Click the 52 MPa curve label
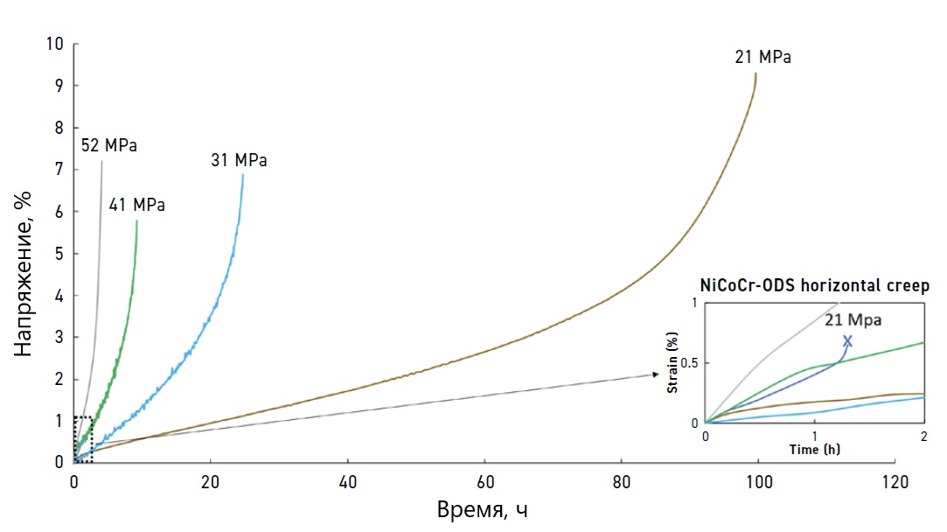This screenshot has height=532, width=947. (109, 145)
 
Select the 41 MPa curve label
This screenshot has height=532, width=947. (136, 206)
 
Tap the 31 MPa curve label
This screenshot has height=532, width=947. (239, 160)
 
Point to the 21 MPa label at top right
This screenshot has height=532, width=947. (763, 58)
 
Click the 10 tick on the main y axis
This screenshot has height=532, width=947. (55, 44)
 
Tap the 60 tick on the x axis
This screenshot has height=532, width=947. (484, 481)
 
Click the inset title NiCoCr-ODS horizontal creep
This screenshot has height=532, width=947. (814, 285)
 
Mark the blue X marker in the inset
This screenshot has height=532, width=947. (846, 340)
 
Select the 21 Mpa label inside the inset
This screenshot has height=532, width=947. (853, 320)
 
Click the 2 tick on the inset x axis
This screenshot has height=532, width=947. (924, 435)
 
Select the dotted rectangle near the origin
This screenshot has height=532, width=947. (82, 439)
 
